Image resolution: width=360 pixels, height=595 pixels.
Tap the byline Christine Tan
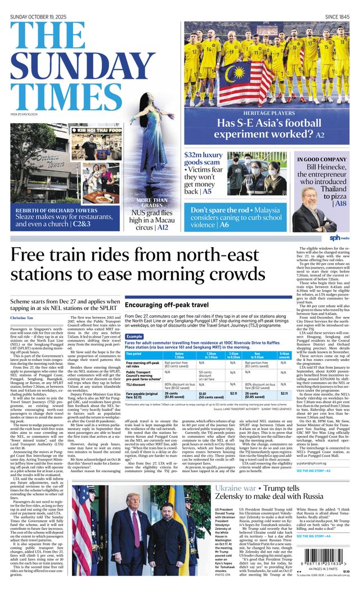click(x=22, y=319)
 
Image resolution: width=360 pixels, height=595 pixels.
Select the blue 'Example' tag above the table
click(x=134, y=336)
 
